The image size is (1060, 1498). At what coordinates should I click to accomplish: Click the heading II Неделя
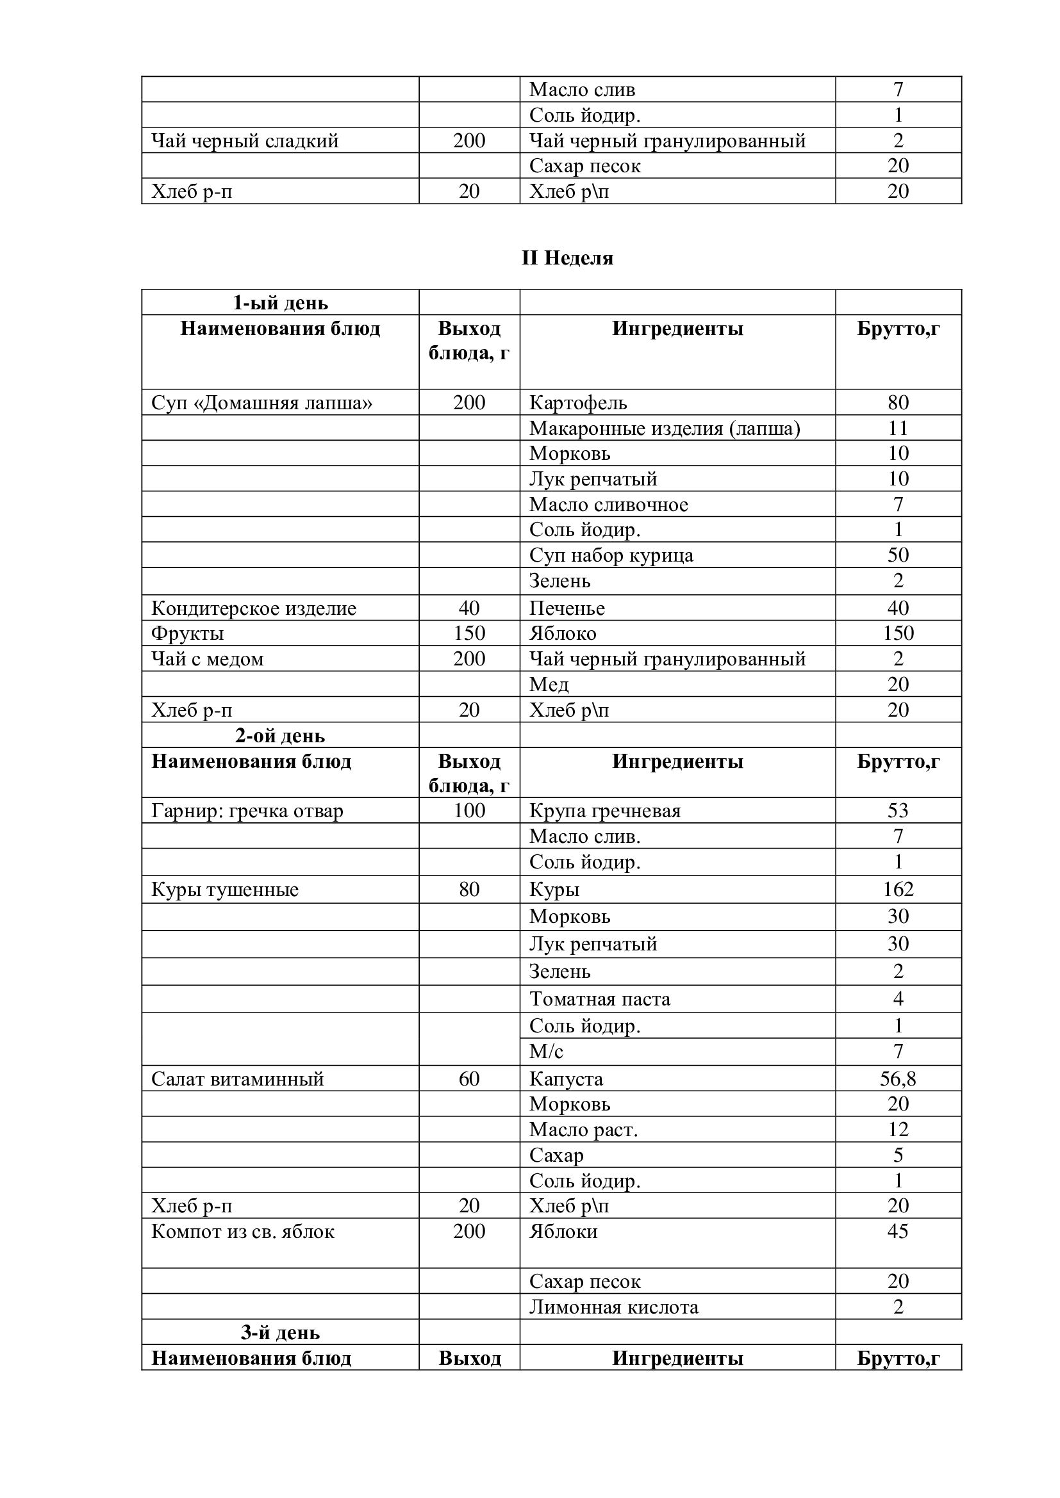[x=567, y=258]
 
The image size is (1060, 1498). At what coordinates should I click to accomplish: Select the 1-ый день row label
[x=280, y=303]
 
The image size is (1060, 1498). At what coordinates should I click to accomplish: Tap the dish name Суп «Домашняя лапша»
[x=261, y=403]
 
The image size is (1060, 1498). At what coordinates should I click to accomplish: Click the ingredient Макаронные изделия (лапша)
[x=665, y=428]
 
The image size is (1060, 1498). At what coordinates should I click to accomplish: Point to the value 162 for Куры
[x=898, y=890]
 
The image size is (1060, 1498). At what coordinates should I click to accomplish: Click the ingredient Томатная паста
[x=600, y=999]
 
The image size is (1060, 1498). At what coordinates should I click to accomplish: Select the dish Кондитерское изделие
[x=254, y=608]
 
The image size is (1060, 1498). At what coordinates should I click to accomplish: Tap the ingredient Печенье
[x=567, y=608]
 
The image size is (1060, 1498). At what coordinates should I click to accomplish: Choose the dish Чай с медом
[x=208, y=659]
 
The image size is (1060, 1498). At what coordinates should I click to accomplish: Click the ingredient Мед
[x=549, y=685]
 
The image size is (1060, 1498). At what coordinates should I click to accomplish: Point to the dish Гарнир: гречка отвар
[x=247, y=811]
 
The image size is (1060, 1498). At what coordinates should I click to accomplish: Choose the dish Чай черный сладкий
[x=245, y=141]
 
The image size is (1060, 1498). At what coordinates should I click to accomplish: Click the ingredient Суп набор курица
[x=611, y=555]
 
